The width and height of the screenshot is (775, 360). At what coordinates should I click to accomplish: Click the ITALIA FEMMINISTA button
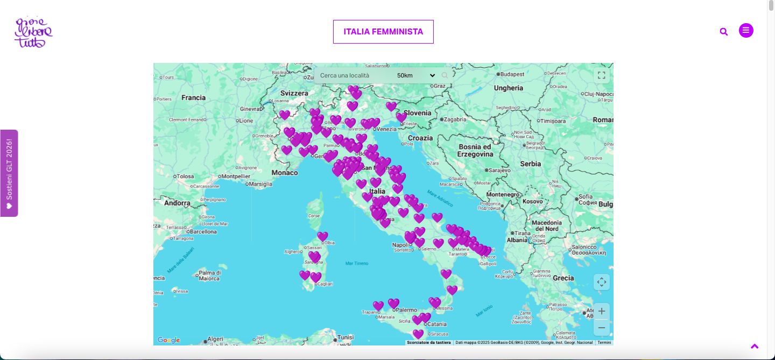pos(383,32)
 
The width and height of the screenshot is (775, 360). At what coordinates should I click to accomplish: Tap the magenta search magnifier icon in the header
pos(724,32)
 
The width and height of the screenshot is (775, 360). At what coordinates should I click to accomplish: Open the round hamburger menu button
pos(746,31)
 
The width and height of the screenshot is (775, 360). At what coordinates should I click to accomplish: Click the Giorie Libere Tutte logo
pos(33,32)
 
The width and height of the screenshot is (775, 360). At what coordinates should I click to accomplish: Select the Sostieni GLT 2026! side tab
pos(9,173)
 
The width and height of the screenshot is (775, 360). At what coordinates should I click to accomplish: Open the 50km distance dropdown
pos(415,75)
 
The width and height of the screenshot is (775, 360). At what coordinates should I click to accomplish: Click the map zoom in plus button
pos(602,311)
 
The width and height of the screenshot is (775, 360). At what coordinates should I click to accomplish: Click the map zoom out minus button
pos(602,327)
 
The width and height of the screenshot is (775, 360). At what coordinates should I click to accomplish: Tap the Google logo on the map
pos(168,340)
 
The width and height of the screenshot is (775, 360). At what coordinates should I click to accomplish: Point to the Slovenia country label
pos(418,113)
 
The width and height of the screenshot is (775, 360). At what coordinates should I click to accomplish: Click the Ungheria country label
pos(508,88)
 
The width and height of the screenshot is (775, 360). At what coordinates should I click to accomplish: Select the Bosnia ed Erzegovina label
pos(475,150)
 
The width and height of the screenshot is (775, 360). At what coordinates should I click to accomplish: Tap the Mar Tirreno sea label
pos(357,263)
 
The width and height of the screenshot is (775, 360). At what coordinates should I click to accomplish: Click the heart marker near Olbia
pos(322,236)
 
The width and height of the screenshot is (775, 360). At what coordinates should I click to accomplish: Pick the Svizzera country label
pos(294,93)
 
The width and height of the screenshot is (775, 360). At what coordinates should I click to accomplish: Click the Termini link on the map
pos(604,342)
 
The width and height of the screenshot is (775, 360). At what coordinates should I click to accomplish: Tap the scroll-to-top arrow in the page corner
pos(755,347)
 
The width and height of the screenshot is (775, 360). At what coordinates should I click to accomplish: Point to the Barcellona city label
pos(203,231)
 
